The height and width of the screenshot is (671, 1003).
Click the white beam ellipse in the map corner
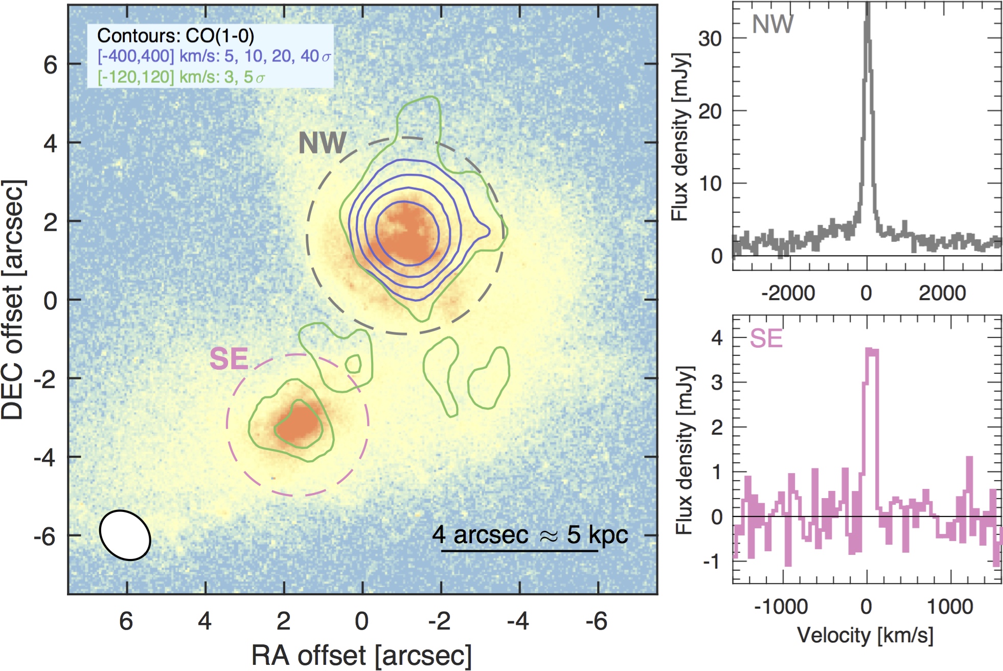pyautogui.click(x=125, y=535)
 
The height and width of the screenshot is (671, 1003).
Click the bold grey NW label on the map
pyautogui.click(x=322, y=143)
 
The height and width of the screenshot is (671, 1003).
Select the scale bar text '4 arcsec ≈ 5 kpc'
pyautogui.click(x=530, y=534)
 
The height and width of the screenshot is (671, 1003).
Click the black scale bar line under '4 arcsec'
pyautogui.click(x=519, y=551)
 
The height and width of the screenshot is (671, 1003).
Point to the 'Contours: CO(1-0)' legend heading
pyautogui.click(x=175, y=36)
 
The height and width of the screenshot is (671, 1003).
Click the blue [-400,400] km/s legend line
pyautogui.click(x=214, y=56)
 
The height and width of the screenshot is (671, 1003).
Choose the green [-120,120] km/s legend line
pyautogui.click(x=181, y=77)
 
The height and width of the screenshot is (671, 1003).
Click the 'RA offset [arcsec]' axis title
pyautogui.click(x=361, y=655)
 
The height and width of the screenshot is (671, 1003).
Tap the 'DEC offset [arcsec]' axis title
pyautogui.click(x=13, y=299)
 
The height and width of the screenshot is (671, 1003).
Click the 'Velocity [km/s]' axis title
pyautogui.click(x=865, y=635)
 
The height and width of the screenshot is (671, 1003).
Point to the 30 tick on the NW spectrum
pyautogui.click(x=710, y=38)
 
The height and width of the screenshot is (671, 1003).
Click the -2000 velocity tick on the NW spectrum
pyautogui.click(x=788, y=293)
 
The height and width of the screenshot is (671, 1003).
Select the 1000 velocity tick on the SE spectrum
pyautogui.click(x=950, y=607)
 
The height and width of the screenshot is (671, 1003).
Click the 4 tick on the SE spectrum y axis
pyautogui.click(x=717, y=338)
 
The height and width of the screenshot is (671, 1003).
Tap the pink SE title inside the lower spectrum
pyautogui.click(x=766, y=339)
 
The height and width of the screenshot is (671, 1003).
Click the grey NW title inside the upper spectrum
pyautogui.click(x=772, y=24)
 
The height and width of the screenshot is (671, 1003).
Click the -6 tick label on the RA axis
pyautogui.click(x=596, y=621)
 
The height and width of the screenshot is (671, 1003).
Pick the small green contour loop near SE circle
pyautogui.click(x=353, y=364)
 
